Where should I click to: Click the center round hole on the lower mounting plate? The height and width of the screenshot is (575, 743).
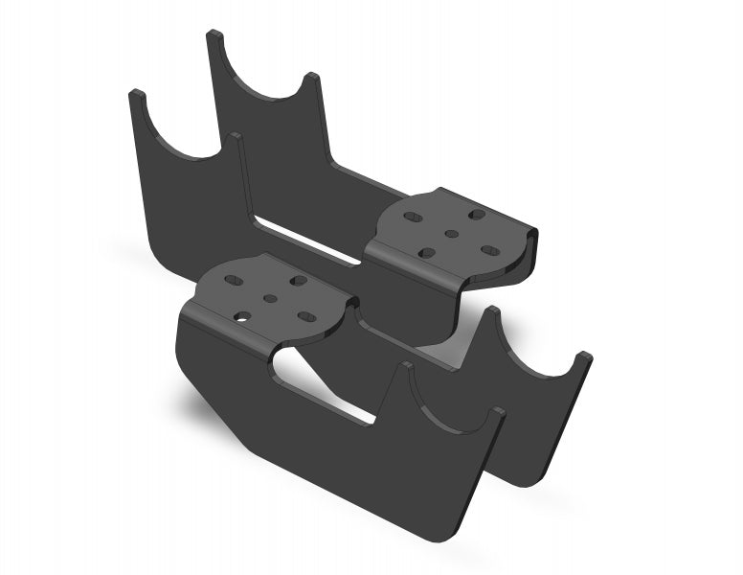coord(270,298)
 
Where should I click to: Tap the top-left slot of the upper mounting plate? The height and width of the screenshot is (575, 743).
coord(412,218)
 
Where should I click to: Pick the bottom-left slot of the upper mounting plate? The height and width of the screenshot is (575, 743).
coord(427,253)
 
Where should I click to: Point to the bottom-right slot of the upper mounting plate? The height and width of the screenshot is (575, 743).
coord(488,250)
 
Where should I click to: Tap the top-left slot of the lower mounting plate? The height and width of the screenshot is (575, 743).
coord(234,282)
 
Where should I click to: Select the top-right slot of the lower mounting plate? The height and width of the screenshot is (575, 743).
coord(298,281)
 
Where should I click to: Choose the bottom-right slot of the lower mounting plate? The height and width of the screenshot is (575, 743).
coord(306,315)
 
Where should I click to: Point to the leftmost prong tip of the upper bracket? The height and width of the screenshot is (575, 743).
coord(136,95)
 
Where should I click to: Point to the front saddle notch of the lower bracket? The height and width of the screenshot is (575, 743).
coord(450,407)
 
